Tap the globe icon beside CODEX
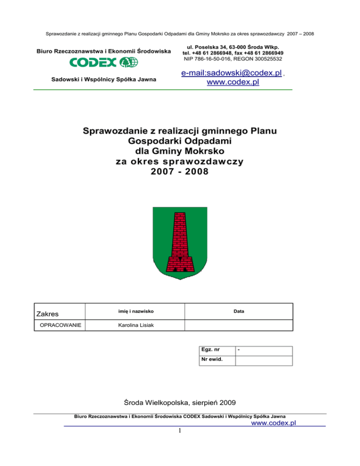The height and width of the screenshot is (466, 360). point(129,62)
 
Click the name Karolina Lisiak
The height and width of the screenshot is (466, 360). point(134,324)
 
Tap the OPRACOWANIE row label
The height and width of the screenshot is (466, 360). point(60,324)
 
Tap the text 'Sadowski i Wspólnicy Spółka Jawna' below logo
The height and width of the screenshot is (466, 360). point(104,80)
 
